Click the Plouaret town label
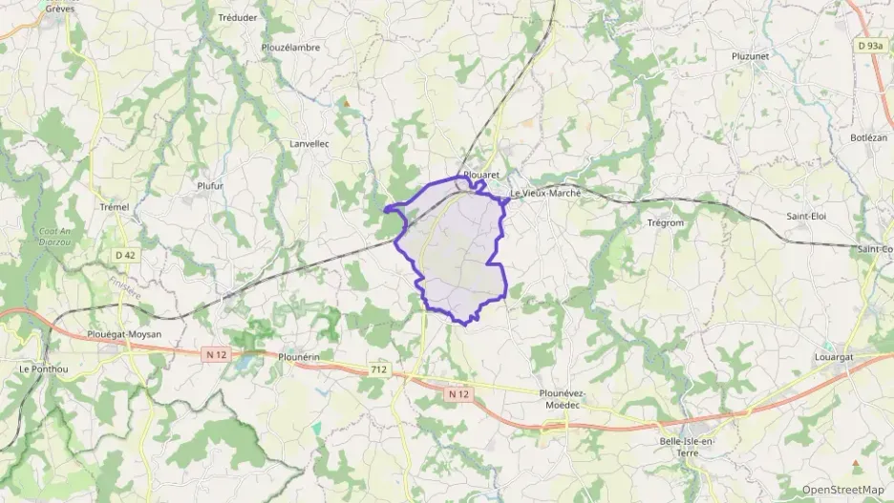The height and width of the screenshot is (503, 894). (481, 176)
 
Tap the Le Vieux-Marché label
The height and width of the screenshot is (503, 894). (545, 194)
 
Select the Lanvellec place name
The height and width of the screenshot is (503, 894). (309, 144)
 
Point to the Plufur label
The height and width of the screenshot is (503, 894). (209, 186)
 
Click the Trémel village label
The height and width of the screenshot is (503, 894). (114, 207)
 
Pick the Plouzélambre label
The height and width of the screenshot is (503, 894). (290, 47)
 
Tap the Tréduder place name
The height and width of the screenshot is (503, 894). (237, 17)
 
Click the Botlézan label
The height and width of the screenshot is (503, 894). (868, 137)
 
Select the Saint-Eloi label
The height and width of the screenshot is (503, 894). (805, 216)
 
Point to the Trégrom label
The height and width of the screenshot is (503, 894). (666, 223)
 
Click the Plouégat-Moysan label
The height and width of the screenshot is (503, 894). (123, 334)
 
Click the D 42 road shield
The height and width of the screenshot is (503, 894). (125, 255)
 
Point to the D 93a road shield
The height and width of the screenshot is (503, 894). (869, 45)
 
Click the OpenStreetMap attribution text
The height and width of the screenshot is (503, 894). (842, 490)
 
